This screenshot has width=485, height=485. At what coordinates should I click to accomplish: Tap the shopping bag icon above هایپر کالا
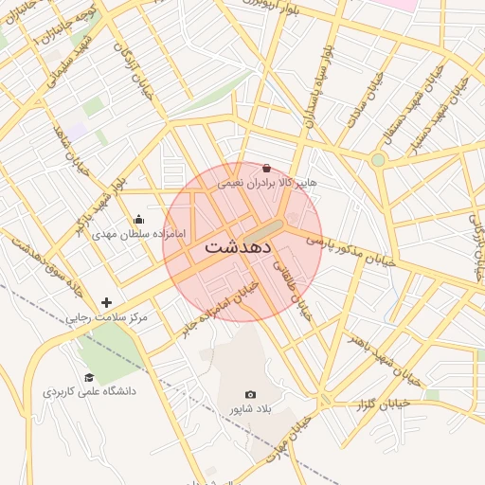[x=265, y=168]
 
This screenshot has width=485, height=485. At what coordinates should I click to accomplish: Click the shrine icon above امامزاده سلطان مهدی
[x=139, y=219]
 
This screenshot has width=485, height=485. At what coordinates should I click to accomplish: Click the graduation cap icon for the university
[x=89, y=377]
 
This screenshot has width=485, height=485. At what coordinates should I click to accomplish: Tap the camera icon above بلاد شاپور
[x=250, y=394]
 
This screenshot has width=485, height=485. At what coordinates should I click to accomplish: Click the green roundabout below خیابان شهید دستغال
[x=378, y=159]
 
